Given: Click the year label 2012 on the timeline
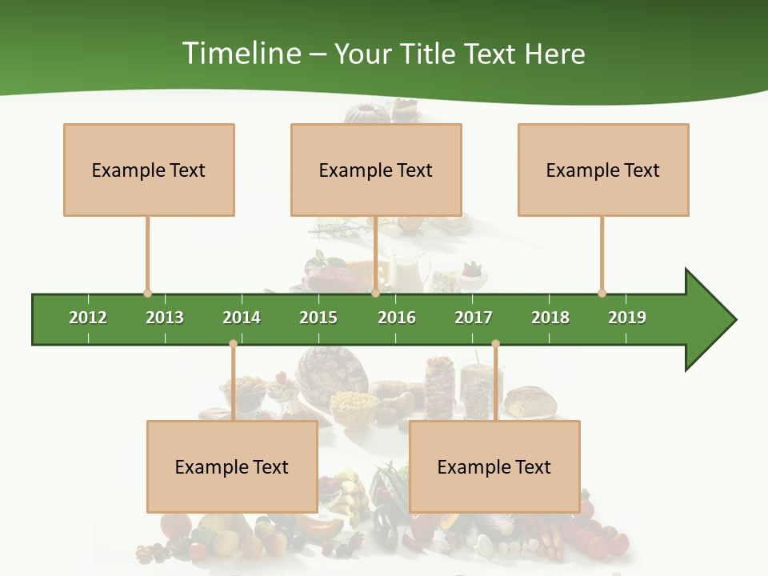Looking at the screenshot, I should pos(88,318).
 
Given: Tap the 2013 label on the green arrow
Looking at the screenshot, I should pos(165,318).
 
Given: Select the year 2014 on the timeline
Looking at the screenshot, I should pos(242,318).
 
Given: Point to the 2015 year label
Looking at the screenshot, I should pos(318,318).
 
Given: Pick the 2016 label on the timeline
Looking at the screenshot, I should pos(397,318).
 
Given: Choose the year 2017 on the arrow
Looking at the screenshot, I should pos(474,318).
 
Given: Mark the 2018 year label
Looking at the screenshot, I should pos(550,318).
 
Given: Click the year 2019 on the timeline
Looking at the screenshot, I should pos(627,318).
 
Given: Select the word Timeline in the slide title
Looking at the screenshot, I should pos(241,54).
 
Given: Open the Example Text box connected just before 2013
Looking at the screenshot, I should pos(149,170).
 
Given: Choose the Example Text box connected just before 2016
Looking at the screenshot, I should pos(376,170).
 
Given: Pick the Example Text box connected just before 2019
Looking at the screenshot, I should pos(603,170).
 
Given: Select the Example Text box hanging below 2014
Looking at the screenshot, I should pos(232,466).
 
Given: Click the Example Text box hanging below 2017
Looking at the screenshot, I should pos(494,466).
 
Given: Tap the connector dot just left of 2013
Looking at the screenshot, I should pos(147,293).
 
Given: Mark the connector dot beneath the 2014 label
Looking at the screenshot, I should pos(233,344).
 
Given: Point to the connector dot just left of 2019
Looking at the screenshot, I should pos(602,293).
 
